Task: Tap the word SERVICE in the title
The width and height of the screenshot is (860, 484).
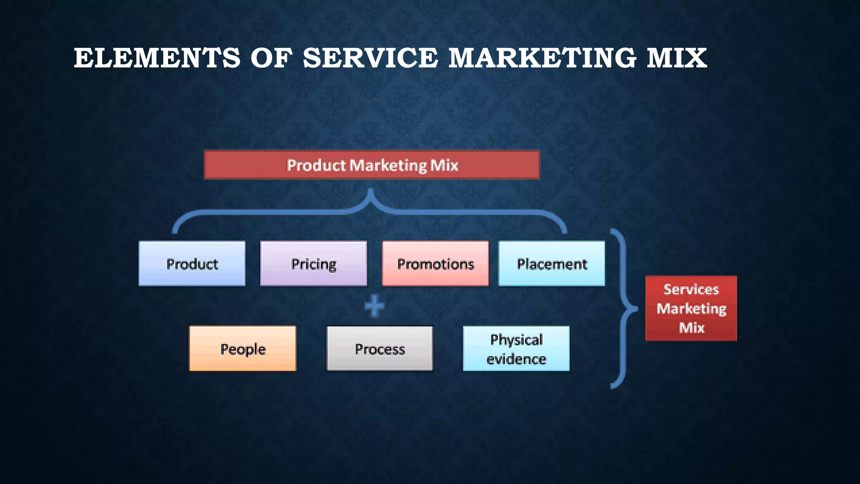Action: pos(370,58)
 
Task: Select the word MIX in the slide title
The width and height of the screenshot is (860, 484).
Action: pos(676,58)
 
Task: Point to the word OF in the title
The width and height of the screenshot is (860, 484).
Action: pos(271,58)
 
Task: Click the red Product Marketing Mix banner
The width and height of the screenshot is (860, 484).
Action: pos(372,165)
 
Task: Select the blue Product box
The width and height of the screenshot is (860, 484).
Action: pos(192,264)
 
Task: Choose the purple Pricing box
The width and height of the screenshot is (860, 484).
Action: pos(313,264)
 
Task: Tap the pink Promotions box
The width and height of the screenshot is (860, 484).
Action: pos(435,264)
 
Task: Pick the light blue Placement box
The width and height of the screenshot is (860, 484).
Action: pos(551,264)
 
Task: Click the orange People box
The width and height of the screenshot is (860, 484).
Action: pos(243,349)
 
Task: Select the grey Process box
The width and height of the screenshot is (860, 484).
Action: pos(380,349)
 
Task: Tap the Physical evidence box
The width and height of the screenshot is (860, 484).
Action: pos(516,349)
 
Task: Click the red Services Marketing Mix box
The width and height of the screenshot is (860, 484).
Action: pos(691,308)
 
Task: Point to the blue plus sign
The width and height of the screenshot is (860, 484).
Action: pos(374,306)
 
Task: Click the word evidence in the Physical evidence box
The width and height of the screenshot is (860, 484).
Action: pos(516,359)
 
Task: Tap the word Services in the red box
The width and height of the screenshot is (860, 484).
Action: pos(691,289)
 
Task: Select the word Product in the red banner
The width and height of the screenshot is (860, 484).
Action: pos(316,165)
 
